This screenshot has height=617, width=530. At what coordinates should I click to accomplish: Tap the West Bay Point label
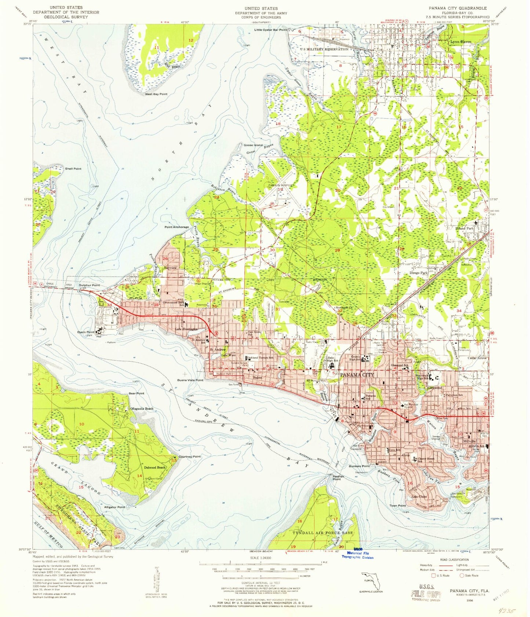click(x=156, y=94)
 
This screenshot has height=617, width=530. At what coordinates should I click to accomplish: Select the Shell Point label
click(x=73, y=169)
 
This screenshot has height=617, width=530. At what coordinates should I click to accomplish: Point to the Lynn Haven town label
click(x=461, y=42)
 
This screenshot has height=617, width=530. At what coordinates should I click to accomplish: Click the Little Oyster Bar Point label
click(x=270, y=30)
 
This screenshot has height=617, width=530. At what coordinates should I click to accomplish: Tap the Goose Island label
click(x=253, y=145)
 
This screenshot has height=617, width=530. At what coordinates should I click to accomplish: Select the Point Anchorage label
click(x=176, y=227)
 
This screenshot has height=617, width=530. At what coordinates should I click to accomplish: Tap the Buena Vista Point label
click(x=190, y=380)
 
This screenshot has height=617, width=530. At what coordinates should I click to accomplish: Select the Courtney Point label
click(x=189, y=456)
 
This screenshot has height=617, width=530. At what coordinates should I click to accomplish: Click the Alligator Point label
click(x=114, y=507)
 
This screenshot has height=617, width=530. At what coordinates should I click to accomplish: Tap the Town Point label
click(x=398, y=506)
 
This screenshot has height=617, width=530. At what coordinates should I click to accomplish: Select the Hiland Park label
click(x=465, y=228)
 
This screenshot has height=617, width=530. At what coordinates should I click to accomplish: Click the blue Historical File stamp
click(x=357, y=555)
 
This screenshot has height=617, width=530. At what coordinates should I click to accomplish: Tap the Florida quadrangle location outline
click(x=371, y=581)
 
